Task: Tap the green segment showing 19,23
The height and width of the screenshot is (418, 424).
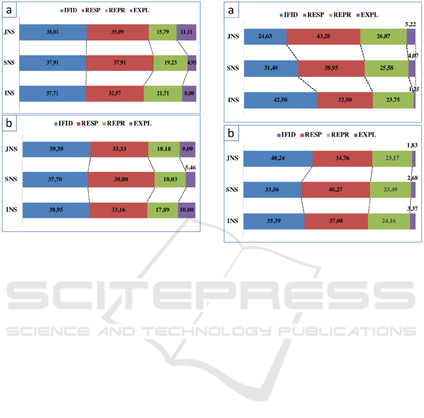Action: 170,63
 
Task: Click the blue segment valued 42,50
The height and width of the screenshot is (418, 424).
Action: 280,100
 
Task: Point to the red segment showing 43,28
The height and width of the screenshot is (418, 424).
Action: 323,37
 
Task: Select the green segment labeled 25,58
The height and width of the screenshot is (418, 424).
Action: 386,69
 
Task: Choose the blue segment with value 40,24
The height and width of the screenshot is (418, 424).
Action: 278,159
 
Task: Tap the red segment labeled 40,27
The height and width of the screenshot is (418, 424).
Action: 335,190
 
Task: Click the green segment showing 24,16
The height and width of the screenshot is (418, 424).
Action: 389,221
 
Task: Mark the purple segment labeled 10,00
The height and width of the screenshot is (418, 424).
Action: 186,210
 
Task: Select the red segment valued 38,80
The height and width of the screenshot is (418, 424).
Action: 120,180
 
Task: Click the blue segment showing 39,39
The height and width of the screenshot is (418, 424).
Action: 56,149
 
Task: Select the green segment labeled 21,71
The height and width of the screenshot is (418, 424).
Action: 163,93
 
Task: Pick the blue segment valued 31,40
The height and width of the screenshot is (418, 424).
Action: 271,69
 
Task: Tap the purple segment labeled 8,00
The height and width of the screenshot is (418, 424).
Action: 189,93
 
